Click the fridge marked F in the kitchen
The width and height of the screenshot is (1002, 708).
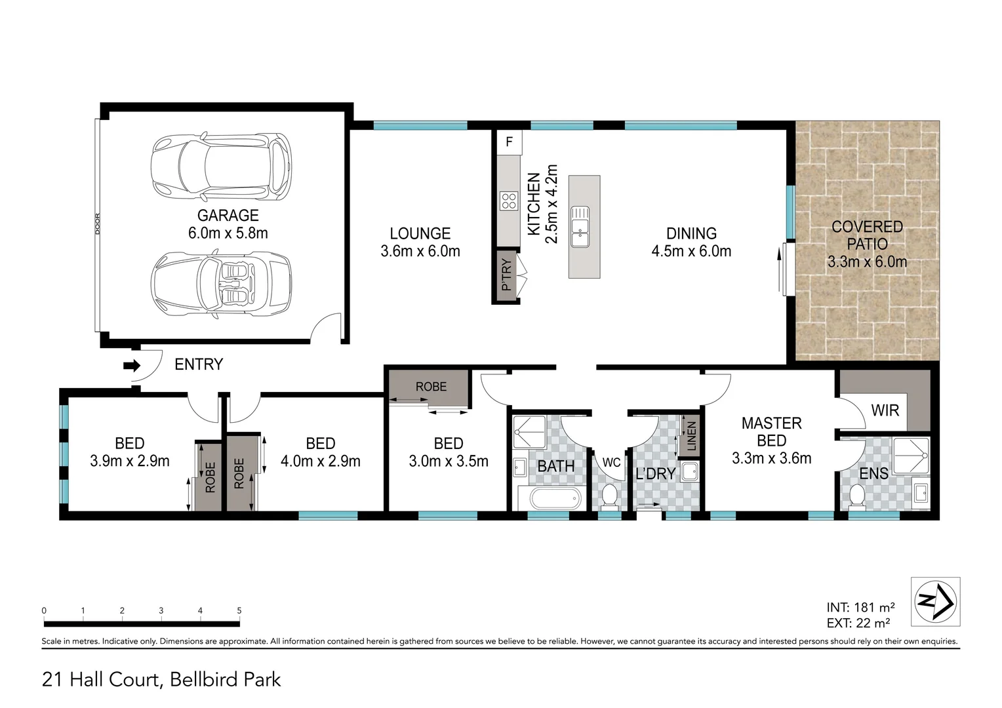(509, 142)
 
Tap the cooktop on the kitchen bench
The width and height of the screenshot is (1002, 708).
(509, 201)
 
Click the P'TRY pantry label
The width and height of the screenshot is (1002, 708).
(506, 275)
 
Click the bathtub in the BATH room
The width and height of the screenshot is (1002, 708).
(555, 499)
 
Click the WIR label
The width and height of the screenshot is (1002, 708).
(885, 410)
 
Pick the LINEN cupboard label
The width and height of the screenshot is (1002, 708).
(691, 436)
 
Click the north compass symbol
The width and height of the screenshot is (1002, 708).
(935, 600)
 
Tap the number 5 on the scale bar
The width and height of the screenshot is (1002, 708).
(239, 610)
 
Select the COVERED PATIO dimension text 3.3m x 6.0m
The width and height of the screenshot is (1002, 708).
(867, 262)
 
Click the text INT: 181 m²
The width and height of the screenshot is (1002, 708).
(860, 607)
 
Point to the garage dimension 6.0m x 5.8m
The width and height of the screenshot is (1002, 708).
(228, 233)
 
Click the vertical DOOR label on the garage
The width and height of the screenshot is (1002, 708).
(98, 224)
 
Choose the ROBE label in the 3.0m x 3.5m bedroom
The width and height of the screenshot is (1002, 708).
(431, 387)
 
